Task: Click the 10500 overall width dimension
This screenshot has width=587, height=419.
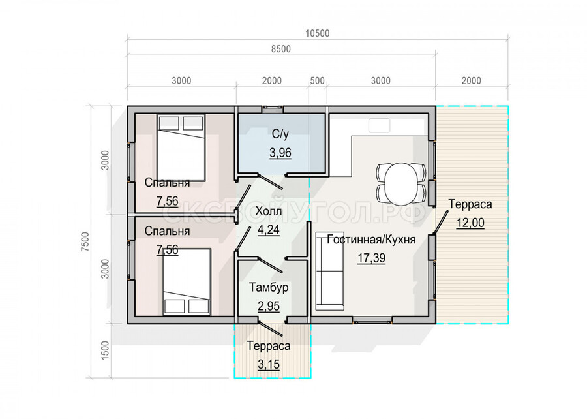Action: point(317,33)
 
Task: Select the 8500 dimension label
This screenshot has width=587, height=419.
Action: point(280,49)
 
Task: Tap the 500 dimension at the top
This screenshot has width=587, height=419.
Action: point(318,81)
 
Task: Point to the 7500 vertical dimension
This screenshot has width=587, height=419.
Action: point(85,241)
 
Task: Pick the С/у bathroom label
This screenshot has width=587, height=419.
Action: point(280,134)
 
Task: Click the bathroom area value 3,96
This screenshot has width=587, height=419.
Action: point(280,153)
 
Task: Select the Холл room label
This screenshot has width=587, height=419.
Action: point(269,211)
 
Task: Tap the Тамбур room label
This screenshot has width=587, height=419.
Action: point(269,288)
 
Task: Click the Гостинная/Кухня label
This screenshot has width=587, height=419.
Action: point(371,240)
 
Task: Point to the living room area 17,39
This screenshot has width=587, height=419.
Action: point(371,258)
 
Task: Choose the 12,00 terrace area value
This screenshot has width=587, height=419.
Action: point(470,223)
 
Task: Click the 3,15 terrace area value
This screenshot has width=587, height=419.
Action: point(269,364)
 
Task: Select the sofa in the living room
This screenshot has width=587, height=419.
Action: point(329,271)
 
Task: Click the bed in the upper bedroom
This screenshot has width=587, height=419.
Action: point(181,147)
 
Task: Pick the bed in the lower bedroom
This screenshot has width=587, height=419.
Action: point(187,281)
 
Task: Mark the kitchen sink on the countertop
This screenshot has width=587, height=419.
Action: point(379,125)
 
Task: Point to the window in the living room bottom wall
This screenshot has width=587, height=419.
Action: point(372,320)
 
